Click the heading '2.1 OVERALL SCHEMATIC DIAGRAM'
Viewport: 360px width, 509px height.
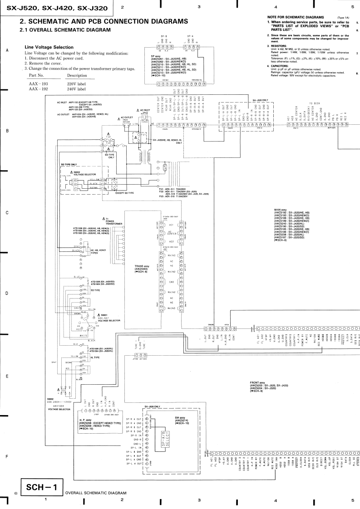pos(65,30)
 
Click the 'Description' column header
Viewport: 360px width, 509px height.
pos(77,75)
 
